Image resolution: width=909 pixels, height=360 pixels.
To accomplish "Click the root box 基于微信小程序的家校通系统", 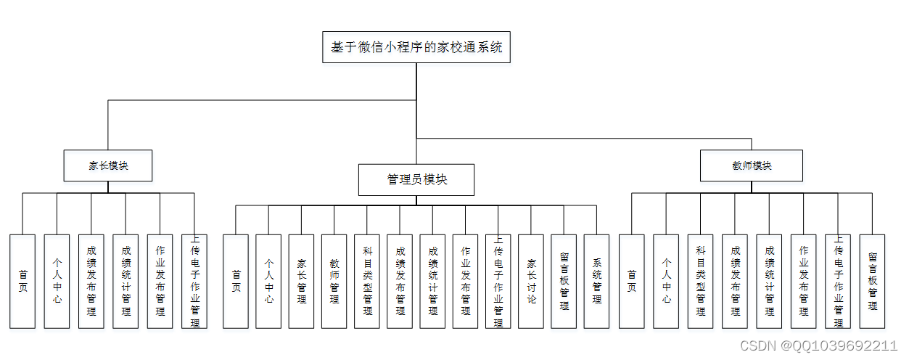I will tap(416, 48).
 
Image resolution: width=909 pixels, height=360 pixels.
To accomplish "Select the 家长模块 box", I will tap(108, 165).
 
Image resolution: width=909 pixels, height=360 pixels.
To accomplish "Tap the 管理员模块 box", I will tap(416, 180).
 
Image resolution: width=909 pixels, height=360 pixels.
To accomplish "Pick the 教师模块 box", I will tap(752, 165).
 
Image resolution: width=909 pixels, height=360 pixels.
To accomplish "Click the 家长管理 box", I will tap(301, 281).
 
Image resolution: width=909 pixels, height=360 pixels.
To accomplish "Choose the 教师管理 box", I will tap(334, 281).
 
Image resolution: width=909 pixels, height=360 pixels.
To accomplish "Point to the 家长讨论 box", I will tap(531, 281).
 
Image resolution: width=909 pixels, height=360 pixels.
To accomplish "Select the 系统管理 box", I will tap(596, 281).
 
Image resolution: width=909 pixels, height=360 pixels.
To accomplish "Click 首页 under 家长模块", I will tap(22, 281).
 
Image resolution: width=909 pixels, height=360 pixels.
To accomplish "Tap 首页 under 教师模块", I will tap(631, 281).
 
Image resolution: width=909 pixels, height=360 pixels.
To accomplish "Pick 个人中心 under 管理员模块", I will tap(268, 281).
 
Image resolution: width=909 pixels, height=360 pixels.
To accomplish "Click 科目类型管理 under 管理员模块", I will tap(367, 281).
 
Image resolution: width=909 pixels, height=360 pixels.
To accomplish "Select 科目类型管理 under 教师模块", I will tap(700, 281).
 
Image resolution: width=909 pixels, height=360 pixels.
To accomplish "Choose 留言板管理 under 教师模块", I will tap(872, 281).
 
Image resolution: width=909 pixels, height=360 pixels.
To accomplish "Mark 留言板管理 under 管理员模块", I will tap(564, 281).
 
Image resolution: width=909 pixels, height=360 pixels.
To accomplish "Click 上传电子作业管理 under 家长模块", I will tap(194, 281).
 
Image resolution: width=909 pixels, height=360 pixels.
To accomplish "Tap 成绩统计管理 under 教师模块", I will tap(769, 281).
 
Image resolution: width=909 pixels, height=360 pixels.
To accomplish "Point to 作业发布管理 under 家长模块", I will tap(160, 281).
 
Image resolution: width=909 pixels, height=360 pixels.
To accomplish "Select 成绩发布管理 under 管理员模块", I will tap(400, 281).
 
